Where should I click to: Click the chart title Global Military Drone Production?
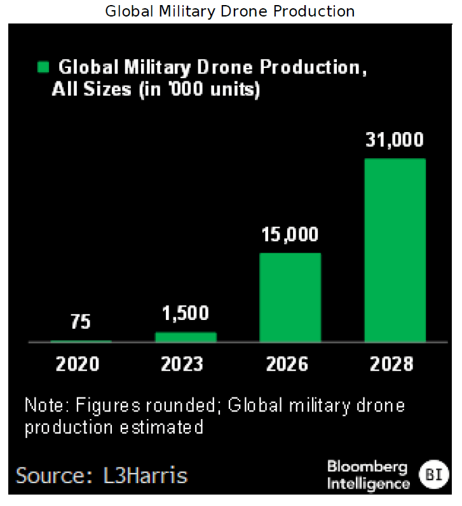click(x=229, y=11)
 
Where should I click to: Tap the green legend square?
click(x=43, y=67)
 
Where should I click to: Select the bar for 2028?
click(x=395, y=250)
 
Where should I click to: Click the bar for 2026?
click(x=290, y=297)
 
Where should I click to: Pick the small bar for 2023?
click(x=186, y=337)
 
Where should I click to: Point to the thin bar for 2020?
click(x=81, y=341)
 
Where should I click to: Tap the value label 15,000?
click(x=290, y=235)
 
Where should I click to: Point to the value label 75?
click(x=81, y=322)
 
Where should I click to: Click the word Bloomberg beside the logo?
click(x=367, y=467)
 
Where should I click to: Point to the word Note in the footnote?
click(x=47, y=405)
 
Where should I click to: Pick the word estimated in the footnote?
click(x=161, y=427)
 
